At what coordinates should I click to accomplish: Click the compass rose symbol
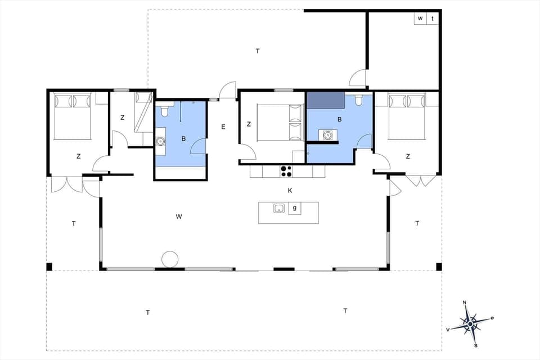click(470, 323)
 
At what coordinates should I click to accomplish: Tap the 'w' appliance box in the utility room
click(420, 19)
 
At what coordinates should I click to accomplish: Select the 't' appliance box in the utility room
click(433, 19)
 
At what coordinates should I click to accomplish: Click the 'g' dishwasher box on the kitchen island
click(294, 209)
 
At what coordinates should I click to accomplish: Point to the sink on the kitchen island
click(279, 209)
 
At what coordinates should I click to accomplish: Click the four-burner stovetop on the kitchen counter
click(286, 171)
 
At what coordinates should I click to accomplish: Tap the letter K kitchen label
click(290, 191)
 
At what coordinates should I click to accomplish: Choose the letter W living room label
click(179, 216)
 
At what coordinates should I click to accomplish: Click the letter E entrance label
click(223, 127)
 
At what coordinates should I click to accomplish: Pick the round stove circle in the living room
click(170, 259)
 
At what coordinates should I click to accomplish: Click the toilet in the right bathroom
click(358, 102)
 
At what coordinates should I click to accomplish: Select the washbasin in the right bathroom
click(327, 135)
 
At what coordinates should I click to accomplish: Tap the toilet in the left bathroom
click(164, 110)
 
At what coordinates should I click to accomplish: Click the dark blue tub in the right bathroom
click(325, 100)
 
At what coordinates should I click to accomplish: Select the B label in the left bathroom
click(183, 138)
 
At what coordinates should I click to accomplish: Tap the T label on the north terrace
click(258, 51)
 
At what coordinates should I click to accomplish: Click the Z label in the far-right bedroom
click(407, 156)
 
